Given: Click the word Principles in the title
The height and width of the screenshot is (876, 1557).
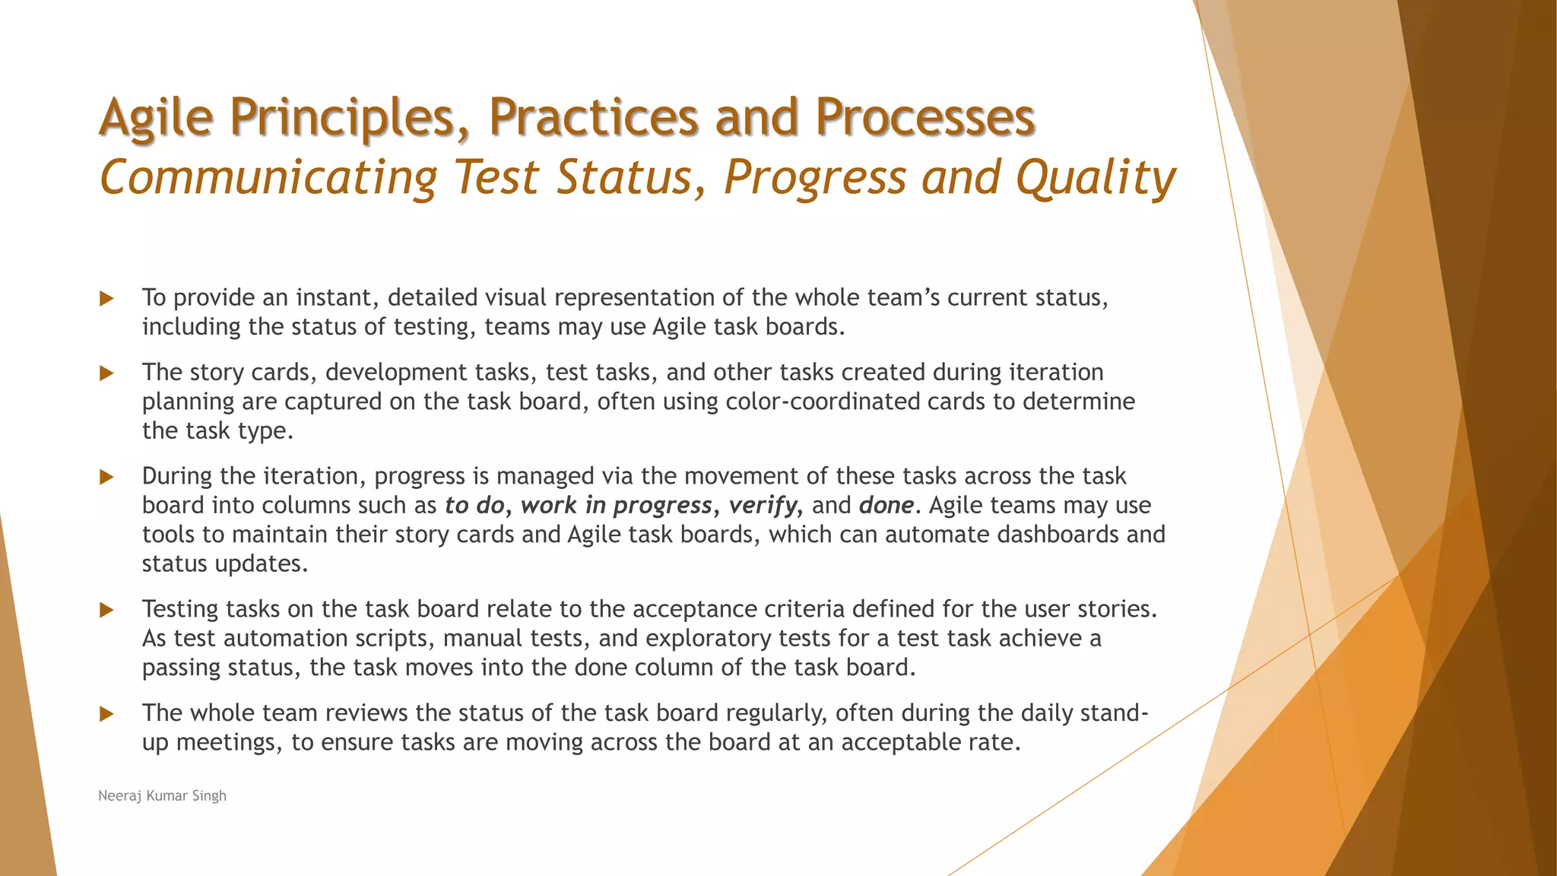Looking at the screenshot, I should coord(350,118).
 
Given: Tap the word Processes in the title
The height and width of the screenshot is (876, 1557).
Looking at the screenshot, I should coord(924,118).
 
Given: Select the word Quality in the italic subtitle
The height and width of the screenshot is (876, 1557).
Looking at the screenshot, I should coord(1096,178).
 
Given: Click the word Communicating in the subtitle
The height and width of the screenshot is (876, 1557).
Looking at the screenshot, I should coord(268,178).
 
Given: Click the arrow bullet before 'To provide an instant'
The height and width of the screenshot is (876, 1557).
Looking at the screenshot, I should coord(106,298).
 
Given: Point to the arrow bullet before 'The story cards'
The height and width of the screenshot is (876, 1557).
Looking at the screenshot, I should coord(106,373).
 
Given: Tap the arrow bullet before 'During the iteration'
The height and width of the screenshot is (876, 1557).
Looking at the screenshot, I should coord(106,477).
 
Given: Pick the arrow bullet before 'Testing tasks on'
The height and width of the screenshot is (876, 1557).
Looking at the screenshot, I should coord(106,610).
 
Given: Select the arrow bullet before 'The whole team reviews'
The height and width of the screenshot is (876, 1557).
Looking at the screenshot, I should coord(106,713).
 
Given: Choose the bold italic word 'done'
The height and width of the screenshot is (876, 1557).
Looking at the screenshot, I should coord(886,506).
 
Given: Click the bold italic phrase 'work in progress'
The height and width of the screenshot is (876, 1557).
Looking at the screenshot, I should coord(616,506).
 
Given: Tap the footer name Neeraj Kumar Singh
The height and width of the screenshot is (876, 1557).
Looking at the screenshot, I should coord(163,795).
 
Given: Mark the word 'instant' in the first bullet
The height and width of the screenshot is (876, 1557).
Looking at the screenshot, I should coord(334,297).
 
